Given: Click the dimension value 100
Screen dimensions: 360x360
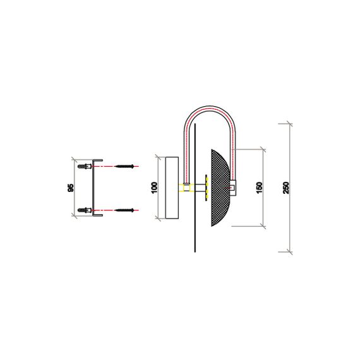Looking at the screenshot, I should pyautogui.click(x=153, y=188).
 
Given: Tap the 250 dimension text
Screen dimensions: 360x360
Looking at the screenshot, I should pyautogui.click(x=287, y=188).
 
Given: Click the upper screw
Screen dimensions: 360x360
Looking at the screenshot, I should pyautogui.click(x=127, y=166).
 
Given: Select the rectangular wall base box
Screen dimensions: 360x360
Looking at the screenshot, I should pyautogui.click(x=171, y=188).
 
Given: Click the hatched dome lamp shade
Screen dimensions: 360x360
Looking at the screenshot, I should pyautogui.click(x=219, y=188).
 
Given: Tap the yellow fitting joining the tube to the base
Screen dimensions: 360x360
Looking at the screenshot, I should pyautogui.click(x=187, y=187).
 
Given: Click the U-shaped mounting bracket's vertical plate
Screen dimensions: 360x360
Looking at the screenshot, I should pyautogui.click(x=94, y=188).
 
